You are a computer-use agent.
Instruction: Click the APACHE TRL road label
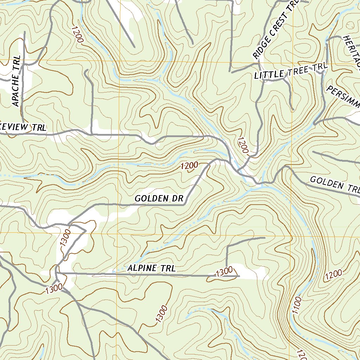pos(16,81)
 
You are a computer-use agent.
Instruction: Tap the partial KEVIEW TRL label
pos(22,128)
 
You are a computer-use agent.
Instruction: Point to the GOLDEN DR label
pos(159,199)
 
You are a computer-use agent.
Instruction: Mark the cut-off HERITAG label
pos(352,51)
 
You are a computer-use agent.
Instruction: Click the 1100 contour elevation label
pos(297,306)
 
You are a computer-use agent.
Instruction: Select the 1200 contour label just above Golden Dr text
pos(189,166)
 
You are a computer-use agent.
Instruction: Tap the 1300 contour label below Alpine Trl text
pos(160,315)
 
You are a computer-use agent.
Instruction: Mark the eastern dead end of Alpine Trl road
pos(239,276)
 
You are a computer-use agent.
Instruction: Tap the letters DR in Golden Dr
pos(178,199)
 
